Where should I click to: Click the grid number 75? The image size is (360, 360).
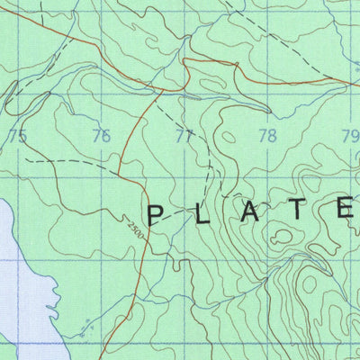click(x=17, y=136)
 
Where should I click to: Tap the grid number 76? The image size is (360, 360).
click(x=102, y=137)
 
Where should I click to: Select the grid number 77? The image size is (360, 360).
click(x=184, y=137)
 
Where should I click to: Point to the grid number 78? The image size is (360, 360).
click(x=267, y=137)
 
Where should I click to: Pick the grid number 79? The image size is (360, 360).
click(x=350, y=137)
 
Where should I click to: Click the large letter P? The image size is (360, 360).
click(x=156, y=214)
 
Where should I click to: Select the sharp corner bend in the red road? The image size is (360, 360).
click(x=184, y=61)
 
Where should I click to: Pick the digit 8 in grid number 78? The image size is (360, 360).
click(x=272, y=137)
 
